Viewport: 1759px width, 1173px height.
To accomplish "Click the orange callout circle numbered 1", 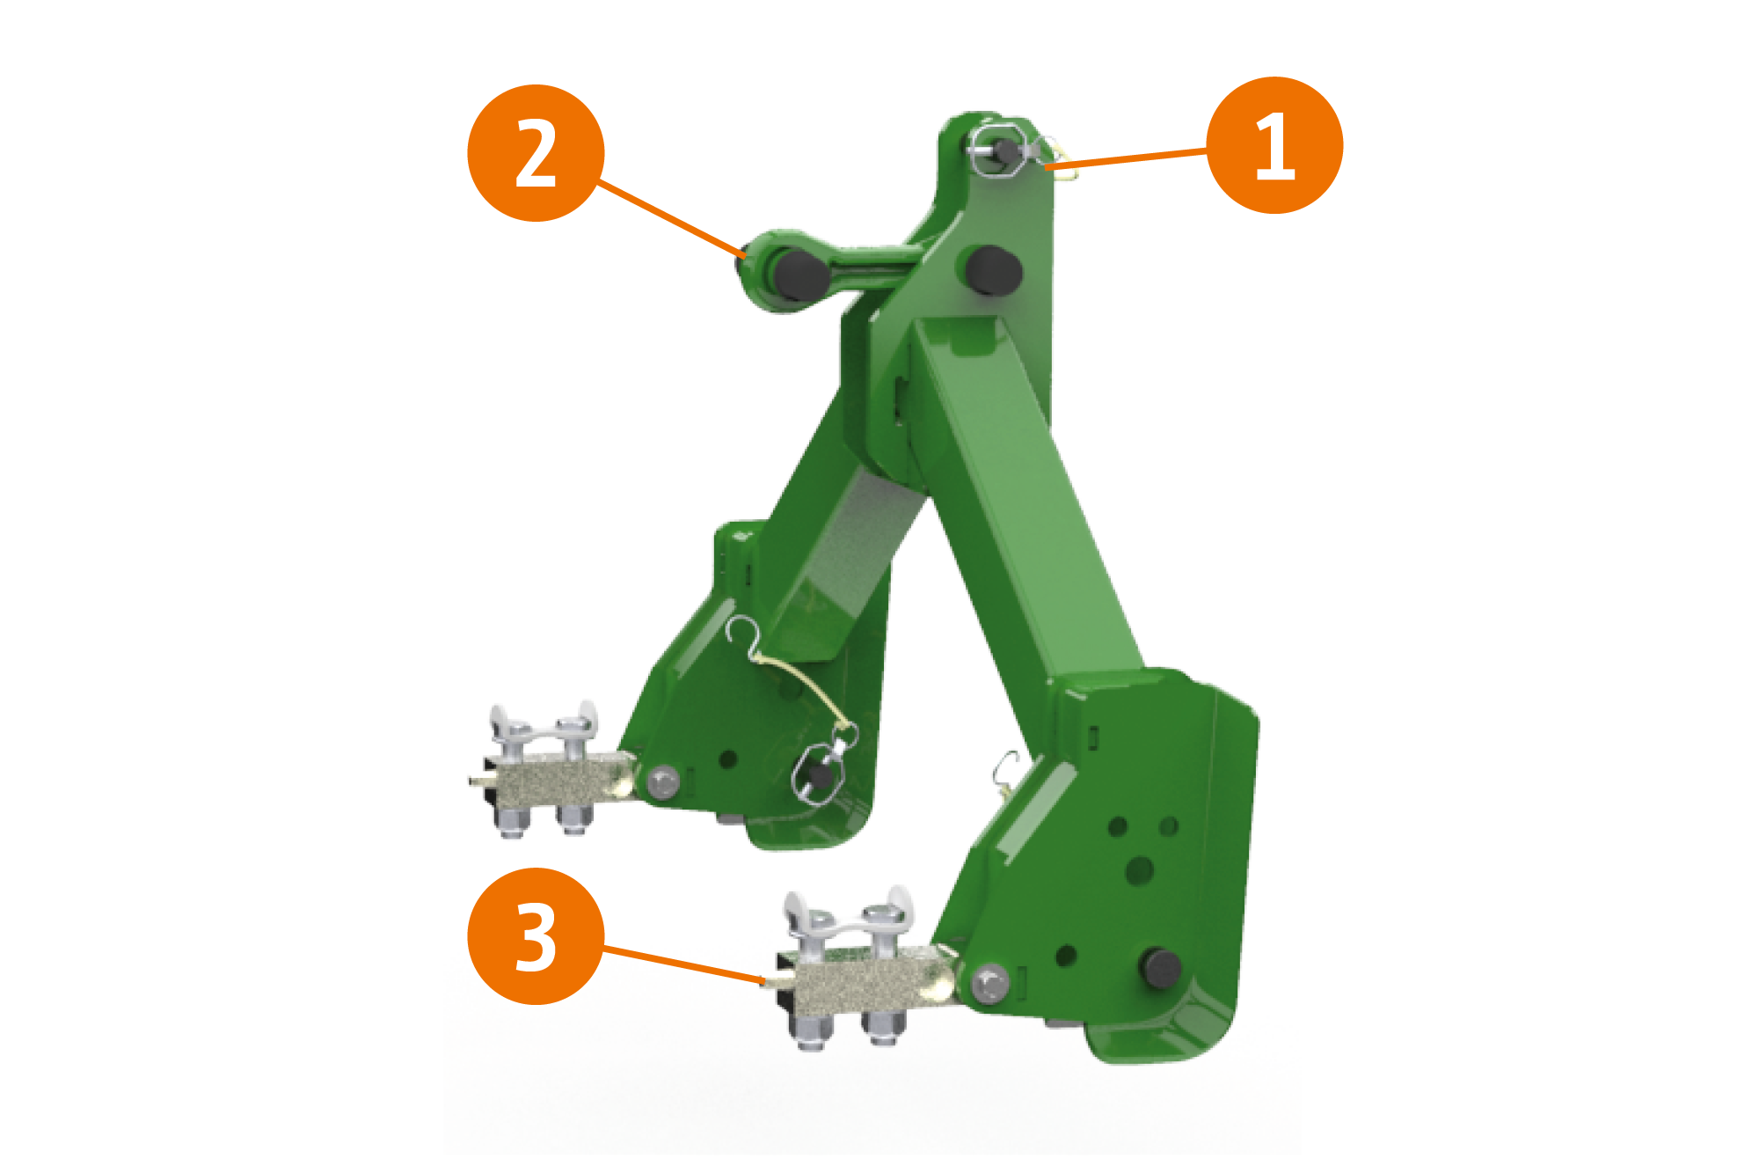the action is [x=1274, y=145].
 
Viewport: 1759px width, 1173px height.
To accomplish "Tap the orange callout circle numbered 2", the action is [x=536, y=153].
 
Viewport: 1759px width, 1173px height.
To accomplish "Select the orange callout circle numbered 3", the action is [x=536, y=936].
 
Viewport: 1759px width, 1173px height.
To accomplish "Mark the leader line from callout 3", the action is [x=683, y=964].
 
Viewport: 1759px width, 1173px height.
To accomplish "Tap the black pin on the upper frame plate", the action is [x=993, y=269].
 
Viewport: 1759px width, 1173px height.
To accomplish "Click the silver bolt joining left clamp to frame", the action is [x=662, y=781].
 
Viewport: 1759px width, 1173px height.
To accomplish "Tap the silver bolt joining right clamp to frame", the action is [x=991, y=982].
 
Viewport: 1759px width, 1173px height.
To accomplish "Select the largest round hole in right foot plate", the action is [x=1139, y=870].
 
